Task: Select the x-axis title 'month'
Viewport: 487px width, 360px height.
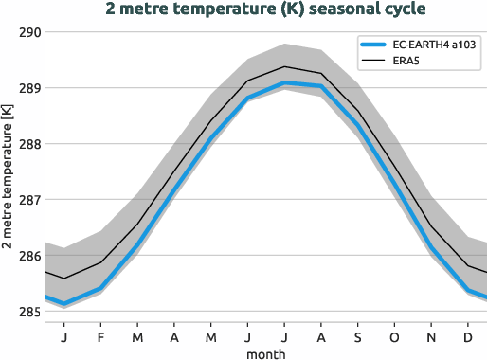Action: (x=265, y=352)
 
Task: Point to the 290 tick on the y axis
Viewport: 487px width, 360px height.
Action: (x=29, y=32)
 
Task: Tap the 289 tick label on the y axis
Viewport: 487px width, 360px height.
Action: (x=29, y=88)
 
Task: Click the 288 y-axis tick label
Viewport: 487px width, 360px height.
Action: (x=29, y=144)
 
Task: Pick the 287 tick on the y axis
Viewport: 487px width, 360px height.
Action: (x=29, y=200)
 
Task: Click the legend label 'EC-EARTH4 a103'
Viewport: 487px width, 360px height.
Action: (x=433, y=45)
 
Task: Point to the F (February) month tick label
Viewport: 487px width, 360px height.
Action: (x=101, y=335)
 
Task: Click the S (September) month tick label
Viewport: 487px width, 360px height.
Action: (x=358, y=335)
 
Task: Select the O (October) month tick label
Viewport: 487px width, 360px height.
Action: (x=394, y=335)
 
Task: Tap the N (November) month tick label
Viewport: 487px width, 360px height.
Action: (x=431, y=335)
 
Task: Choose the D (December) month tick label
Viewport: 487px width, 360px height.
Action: (x=468, y=335)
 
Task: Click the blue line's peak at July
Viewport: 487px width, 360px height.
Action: (x=284, y=83)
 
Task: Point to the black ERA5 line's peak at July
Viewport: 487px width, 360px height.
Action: (x=284, y=66)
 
